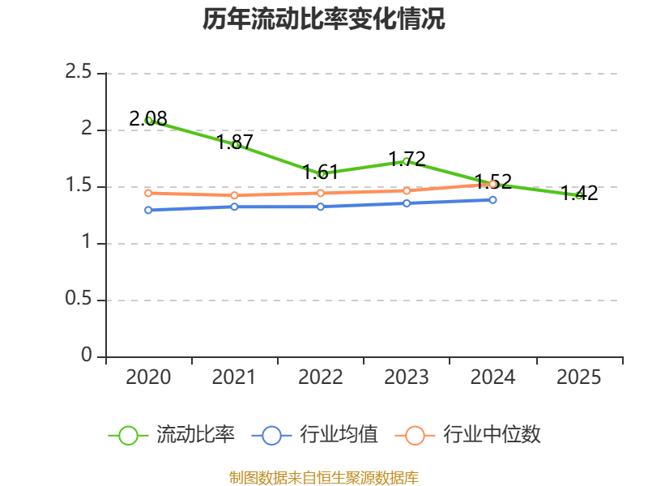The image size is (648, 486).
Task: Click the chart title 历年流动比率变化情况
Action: (323, 19)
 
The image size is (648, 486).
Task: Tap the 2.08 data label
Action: (148, 119)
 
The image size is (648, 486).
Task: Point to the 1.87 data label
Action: (234, 143)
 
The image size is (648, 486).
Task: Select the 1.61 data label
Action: (320, 172)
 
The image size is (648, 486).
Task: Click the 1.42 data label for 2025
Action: (579, 194)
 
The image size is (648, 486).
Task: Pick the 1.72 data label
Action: (407, 159)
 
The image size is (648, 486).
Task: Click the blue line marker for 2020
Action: (148, 210)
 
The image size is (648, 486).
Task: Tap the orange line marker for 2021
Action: (234, 195)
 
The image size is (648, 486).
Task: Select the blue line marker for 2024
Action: (492, 200)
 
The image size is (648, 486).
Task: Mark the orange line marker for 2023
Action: (407, 191)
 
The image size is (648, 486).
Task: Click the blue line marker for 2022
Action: (321, 207)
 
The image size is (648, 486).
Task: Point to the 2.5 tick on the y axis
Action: (78, 72)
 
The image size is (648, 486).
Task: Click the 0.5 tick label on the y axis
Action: (78, 298)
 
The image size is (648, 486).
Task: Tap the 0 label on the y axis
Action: (87, 355)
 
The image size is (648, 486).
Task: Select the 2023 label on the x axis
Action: (407, 377)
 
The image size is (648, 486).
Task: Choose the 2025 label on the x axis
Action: (578, 377)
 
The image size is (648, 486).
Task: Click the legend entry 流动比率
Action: (171, 435)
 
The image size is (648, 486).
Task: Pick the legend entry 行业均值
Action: (314, 435)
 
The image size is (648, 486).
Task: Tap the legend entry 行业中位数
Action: (468, 435)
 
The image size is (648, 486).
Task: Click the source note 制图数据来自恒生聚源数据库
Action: (323, 478)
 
